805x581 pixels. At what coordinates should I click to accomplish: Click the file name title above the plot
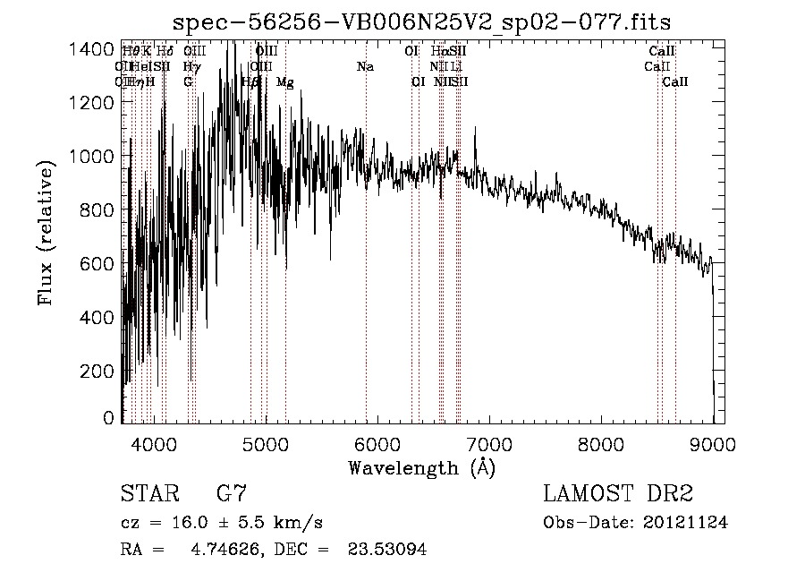421,21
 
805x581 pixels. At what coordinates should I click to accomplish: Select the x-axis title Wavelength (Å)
421,467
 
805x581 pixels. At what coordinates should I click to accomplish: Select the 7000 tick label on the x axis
489,443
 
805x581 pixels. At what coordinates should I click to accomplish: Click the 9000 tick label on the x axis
713,443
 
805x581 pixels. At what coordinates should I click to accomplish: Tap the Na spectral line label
365,66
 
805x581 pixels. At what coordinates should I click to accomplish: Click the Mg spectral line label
284,82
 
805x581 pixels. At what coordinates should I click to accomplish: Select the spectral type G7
232,494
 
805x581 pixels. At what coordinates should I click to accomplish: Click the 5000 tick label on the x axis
266,443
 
